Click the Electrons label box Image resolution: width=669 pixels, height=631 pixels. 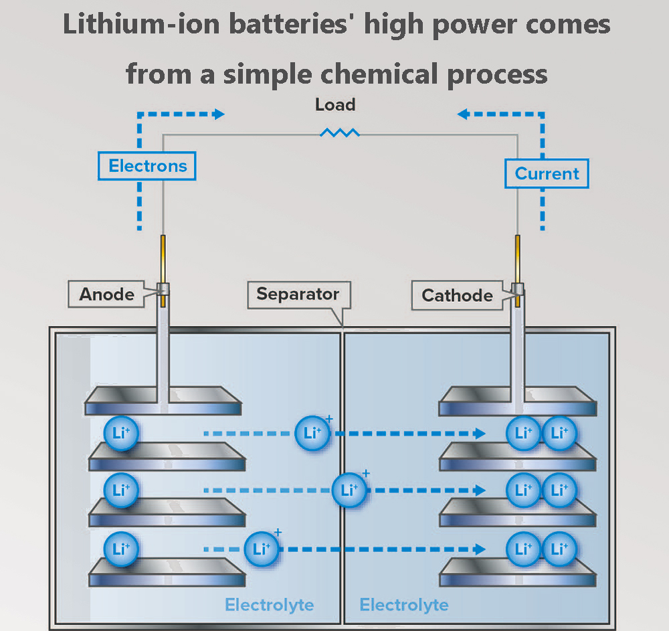pyautogui.click(x=147, y=166)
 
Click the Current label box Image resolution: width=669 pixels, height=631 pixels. pyautogui.click(x=547, y=174)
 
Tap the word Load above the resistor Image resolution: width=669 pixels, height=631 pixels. pyautogui.click(x=335, y=105)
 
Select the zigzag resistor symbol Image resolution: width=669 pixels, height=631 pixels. pyautogui.click(x=340, y=133)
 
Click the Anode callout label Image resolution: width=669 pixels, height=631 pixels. pyautogui.click(x=107, y=294)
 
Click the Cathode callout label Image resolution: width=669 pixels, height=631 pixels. pyautogui.click(x=458, y=295)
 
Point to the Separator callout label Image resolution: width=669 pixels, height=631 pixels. pyautogui.click(x=298, y=294)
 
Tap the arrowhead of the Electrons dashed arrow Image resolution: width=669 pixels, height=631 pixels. pyautogui.click(x=219, y=114)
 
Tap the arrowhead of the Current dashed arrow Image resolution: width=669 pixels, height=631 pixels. pyautogui.click(x=462, y=114)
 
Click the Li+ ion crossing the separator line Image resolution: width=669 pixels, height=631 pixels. pyautogui.click(x=349, y=490)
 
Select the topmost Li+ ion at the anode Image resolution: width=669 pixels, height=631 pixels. pyautogui.click(x=121, y=433)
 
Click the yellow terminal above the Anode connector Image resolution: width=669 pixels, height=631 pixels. pyautogui.click(x=163, y=258)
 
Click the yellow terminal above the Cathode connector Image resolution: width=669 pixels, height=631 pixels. pyautogui.click(x=517, y=258)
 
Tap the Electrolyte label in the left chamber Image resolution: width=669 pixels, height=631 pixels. pyautogui.click(x=269, y=605)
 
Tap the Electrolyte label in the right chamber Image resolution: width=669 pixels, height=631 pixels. pyautogui.click(x=404, y=605)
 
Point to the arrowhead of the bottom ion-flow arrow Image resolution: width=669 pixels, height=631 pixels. pyautogui.click(x=479, y=549)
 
